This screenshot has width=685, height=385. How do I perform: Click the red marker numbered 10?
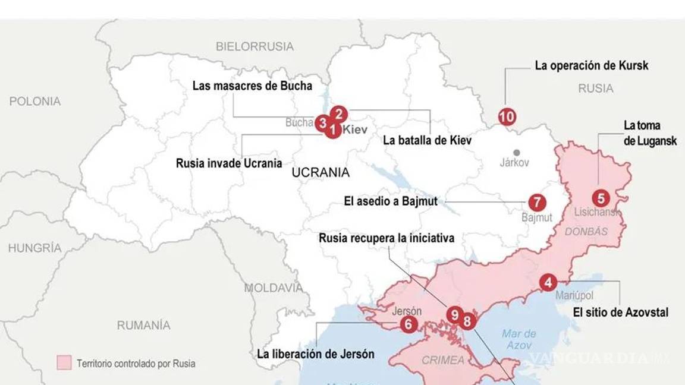pos(507,117)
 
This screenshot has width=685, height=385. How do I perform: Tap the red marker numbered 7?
pos(536,203)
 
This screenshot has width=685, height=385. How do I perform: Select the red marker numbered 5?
pos(601,198)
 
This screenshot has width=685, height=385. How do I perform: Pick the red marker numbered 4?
pos(548,283)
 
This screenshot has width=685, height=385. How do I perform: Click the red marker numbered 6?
pos(409,324)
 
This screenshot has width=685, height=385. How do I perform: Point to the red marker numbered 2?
pos(338,113)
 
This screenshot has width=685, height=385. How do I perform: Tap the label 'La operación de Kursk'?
pos(591,65)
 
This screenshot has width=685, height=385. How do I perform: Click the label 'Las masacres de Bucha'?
pos(252,86)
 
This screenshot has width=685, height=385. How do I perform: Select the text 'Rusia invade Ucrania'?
pos(229,163)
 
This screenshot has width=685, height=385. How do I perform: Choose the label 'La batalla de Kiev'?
pos(427,140)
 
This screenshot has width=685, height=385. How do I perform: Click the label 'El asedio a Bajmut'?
pos(391,201)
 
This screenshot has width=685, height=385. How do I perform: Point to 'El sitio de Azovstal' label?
pos(620,312)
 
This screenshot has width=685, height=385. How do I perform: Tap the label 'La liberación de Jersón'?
pos(316,354)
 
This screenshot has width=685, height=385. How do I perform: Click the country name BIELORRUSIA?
pos(254,46)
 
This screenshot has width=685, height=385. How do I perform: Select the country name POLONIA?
pos(34,101)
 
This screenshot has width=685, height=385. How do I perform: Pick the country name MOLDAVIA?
pos(274,288)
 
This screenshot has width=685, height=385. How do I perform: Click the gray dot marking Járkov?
pos(517,153)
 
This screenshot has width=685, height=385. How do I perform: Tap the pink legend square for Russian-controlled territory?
pos(64,363)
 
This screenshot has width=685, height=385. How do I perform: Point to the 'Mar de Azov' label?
pos(519,339)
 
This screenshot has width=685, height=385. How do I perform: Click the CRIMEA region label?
pos(443,360)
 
